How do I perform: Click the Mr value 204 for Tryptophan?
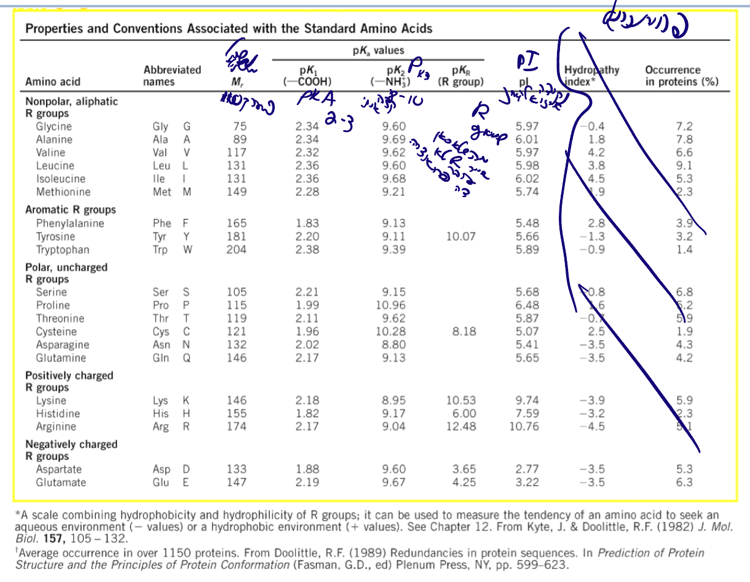tap(236, 250)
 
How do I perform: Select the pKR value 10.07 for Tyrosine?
tap(460, 237)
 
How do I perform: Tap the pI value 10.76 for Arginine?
tap(524, 427)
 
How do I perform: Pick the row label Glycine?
tap(53, 126)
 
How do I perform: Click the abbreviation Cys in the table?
tap(160, 332)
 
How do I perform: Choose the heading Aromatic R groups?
tap(70, 210)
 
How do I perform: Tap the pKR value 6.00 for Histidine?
tap(464, 414)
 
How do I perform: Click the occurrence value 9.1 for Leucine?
tap(684, 166)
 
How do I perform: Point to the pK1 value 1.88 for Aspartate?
tap(307, 470)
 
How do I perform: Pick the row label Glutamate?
tap(61, 483)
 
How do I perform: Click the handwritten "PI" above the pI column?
tap(527, 61)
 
